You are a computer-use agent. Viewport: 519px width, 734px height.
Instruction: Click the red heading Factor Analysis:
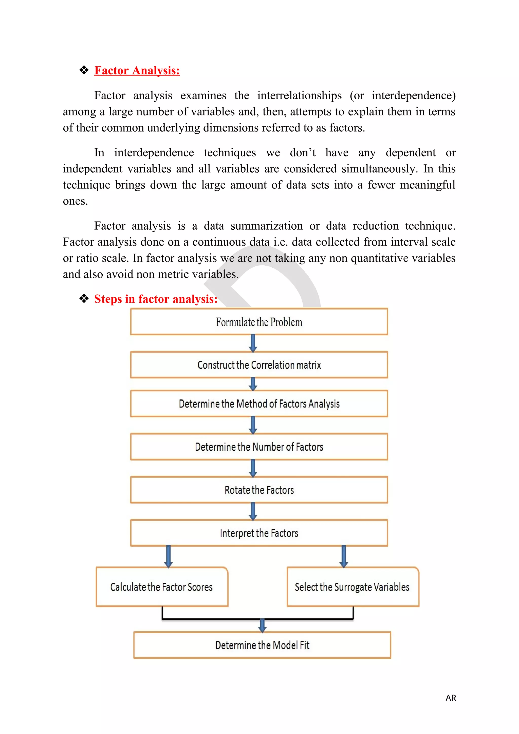137,71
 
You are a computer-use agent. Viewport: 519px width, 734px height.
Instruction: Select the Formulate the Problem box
259,322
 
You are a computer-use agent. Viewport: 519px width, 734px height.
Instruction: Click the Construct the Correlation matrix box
259,365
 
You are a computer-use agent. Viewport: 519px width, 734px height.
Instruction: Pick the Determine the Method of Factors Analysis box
259,404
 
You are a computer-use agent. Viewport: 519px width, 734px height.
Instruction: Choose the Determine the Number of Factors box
259,447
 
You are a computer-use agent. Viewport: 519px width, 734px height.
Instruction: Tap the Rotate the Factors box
259,490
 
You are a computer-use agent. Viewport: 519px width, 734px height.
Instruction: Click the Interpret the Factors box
259,533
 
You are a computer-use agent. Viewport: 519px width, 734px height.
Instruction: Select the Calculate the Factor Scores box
162,587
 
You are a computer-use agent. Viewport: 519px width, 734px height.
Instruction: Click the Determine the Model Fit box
262,645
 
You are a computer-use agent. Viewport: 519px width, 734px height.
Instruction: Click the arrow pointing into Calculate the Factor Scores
169,557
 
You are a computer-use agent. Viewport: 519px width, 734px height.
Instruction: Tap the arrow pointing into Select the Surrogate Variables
344,557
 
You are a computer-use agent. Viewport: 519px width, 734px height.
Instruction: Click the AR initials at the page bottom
451,698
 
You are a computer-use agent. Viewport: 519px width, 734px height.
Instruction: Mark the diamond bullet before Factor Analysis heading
84,70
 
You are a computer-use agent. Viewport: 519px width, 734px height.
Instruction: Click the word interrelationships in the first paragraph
300,96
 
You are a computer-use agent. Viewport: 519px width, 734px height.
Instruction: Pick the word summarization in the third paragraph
267,226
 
